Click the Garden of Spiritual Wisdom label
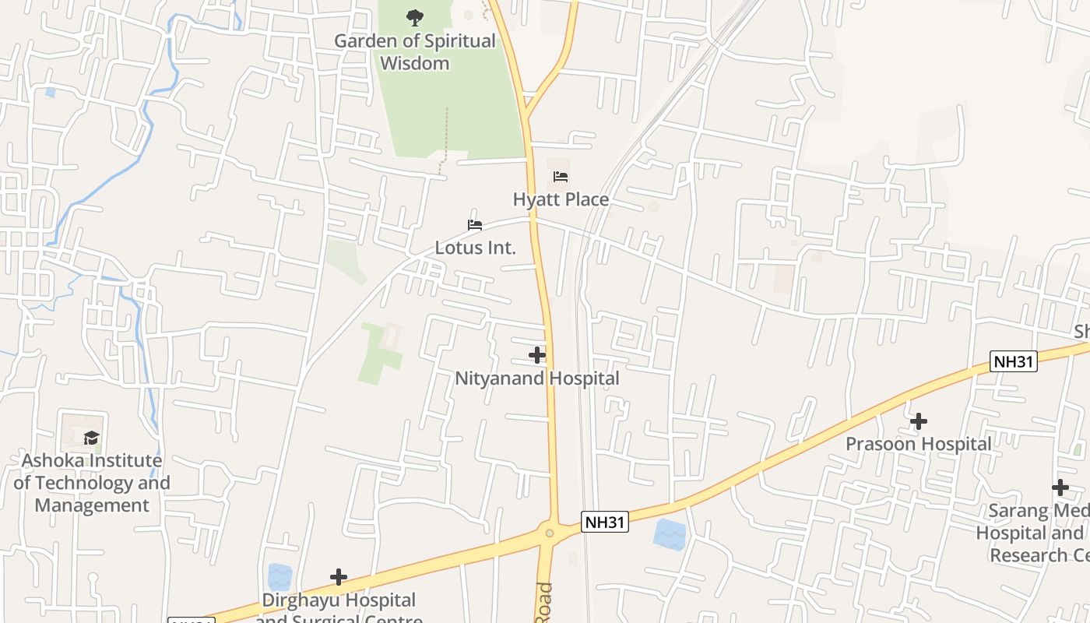point(414,52)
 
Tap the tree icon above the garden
point(415,16)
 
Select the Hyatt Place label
point(561,200)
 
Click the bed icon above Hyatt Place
point(561,178)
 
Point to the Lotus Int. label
point(475,248)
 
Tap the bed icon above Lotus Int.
point(475,226)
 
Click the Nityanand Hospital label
point(537,378)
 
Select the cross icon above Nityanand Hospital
point(537,356)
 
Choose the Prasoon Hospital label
point(919,444)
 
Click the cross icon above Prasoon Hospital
point(919,421)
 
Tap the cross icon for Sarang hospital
point(1060,488)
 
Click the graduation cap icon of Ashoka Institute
point(92,438)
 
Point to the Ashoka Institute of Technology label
point(92,483)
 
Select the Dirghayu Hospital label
point(339,600)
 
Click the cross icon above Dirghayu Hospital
point(339,577)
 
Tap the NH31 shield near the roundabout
point(604,522)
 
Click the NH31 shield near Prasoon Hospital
point(1014,361)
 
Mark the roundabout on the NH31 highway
point(550,533)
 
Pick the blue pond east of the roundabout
point(670,534)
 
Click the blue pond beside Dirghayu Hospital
point(280,577)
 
